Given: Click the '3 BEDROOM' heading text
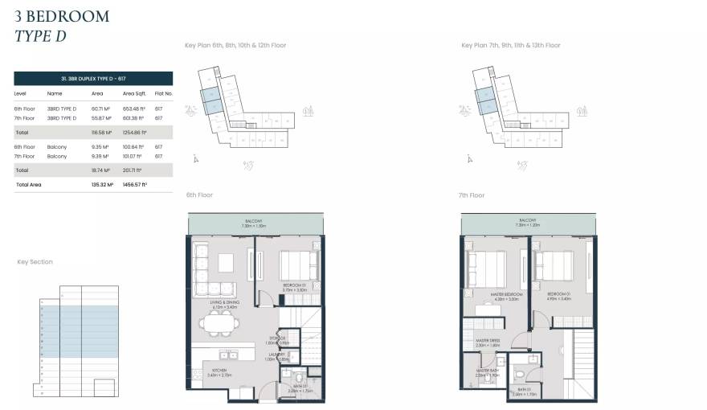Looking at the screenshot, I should (x=62, y=15).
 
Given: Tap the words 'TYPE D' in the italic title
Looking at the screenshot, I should (x=41, y=35).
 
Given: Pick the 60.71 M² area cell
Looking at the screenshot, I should (x=100, y=109).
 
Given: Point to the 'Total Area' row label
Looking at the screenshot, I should (x=28, y=185).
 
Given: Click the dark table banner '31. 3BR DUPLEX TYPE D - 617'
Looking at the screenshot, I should (x=93, y=78).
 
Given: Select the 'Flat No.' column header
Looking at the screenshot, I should (x=163, y=93).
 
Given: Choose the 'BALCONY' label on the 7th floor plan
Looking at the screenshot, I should (x=528, y=219).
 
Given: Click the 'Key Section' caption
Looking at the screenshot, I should (x=35, y=262).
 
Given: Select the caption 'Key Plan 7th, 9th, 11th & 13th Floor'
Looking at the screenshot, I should (x=510, y=46).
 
